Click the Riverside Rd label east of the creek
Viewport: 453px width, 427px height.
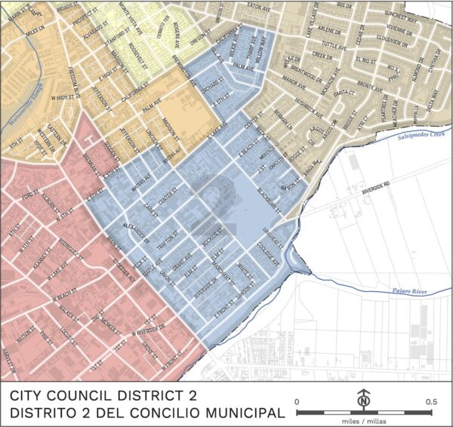point(376,183)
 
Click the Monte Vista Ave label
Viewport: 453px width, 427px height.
point(134,17)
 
